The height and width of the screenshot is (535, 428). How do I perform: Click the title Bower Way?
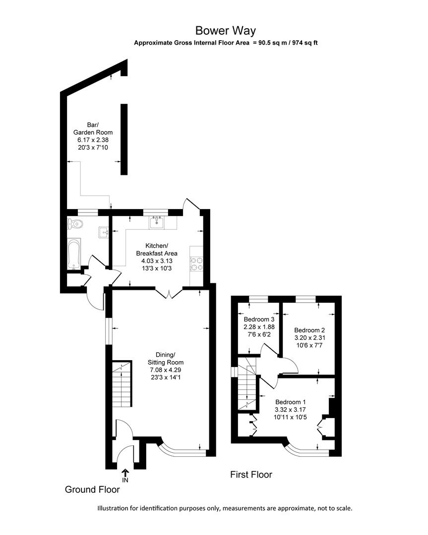tap(226, 31)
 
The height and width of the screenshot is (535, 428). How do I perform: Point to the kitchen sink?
tap(158, 221)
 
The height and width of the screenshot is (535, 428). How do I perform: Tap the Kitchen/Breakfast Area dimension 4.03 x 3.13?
tap(157, 261)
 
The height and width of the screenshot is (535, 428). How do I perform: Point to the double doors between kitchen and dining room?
tap(169, 293)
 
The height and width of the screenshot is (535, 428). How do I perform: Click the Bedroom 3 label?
tap(259, 320)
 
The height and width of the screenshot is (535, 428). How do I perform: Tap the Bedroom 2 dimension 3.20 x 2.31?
tap(309, 338)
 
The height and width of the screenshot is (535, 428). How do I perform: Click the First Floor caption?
tap(251, 475)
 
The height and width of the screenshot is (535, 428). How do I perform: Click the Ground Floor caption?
tap(92, 489)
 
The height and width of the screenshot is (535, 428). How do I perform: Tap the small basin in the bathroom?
tap(104, 231)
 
